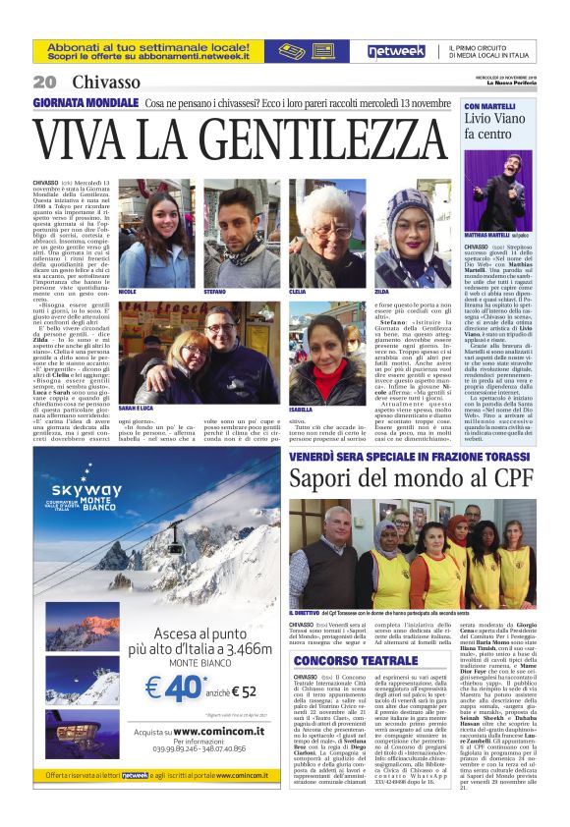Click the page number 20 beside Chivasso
(44, 82)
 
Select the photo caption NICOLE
(127, 292)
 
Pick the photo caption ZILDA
(381, 292)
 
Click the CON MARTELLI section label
(488, 105)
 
